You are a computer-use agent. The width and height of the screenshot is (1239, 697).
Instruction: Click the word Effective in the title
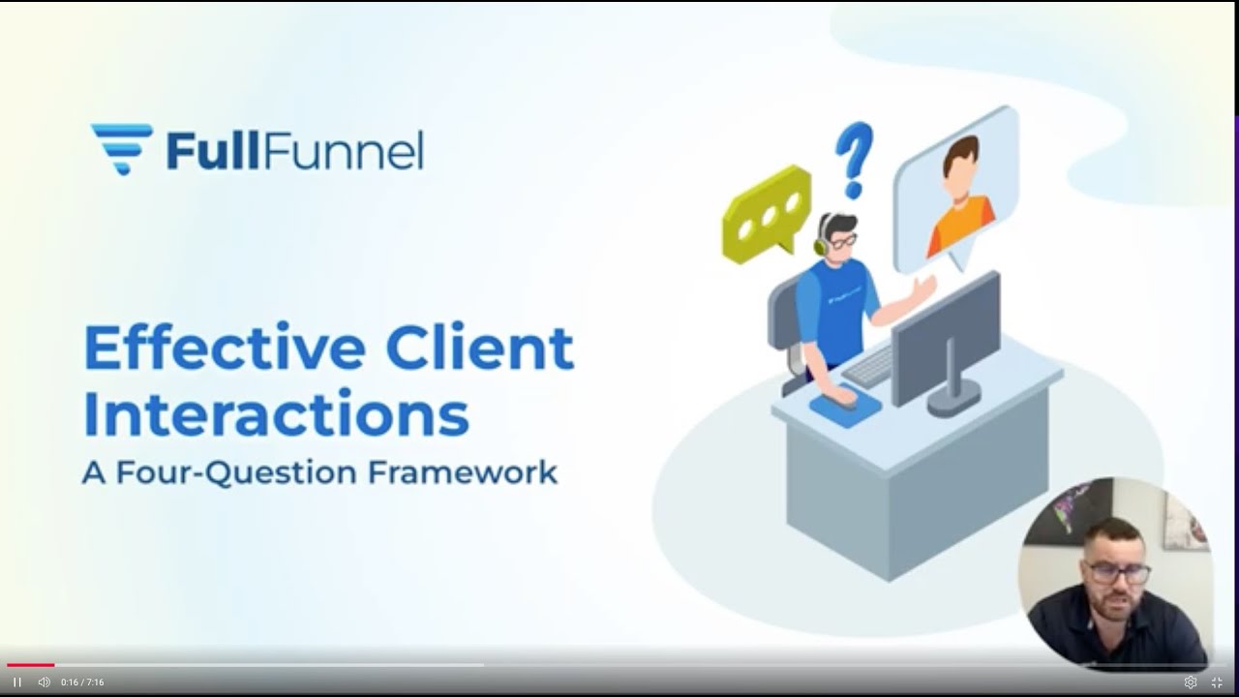225,348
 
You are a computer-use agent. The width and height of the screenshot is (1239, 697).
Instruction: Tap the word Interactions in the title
276,414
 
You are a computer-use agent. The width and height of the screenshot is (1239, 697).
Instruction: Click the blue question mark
854,158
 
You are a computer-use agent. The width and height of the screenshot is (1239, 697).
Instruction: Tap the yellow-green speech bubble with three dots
767,212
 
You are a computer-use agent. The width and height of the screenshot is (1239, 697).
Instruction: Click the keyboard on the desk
868,366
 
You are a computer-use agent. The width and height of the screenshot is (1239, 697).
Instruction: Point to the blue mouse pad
846,406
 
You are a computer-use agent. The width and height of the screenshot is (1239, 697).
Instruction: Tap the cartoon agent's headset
822,237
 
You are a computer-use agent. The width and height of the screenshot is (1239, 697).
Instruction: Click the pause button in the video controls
16,682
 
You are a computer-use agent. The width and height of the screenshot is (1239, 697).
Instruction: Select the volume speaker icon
44,682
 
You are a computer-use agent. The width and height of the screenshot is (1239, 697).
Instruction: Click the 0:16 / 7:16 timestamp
82,682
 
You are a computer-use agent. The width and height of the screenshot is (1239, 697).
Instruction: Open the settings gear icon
1191,682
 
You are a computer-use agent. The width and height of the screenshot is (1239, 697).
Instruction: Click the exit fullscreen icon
1217,682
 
